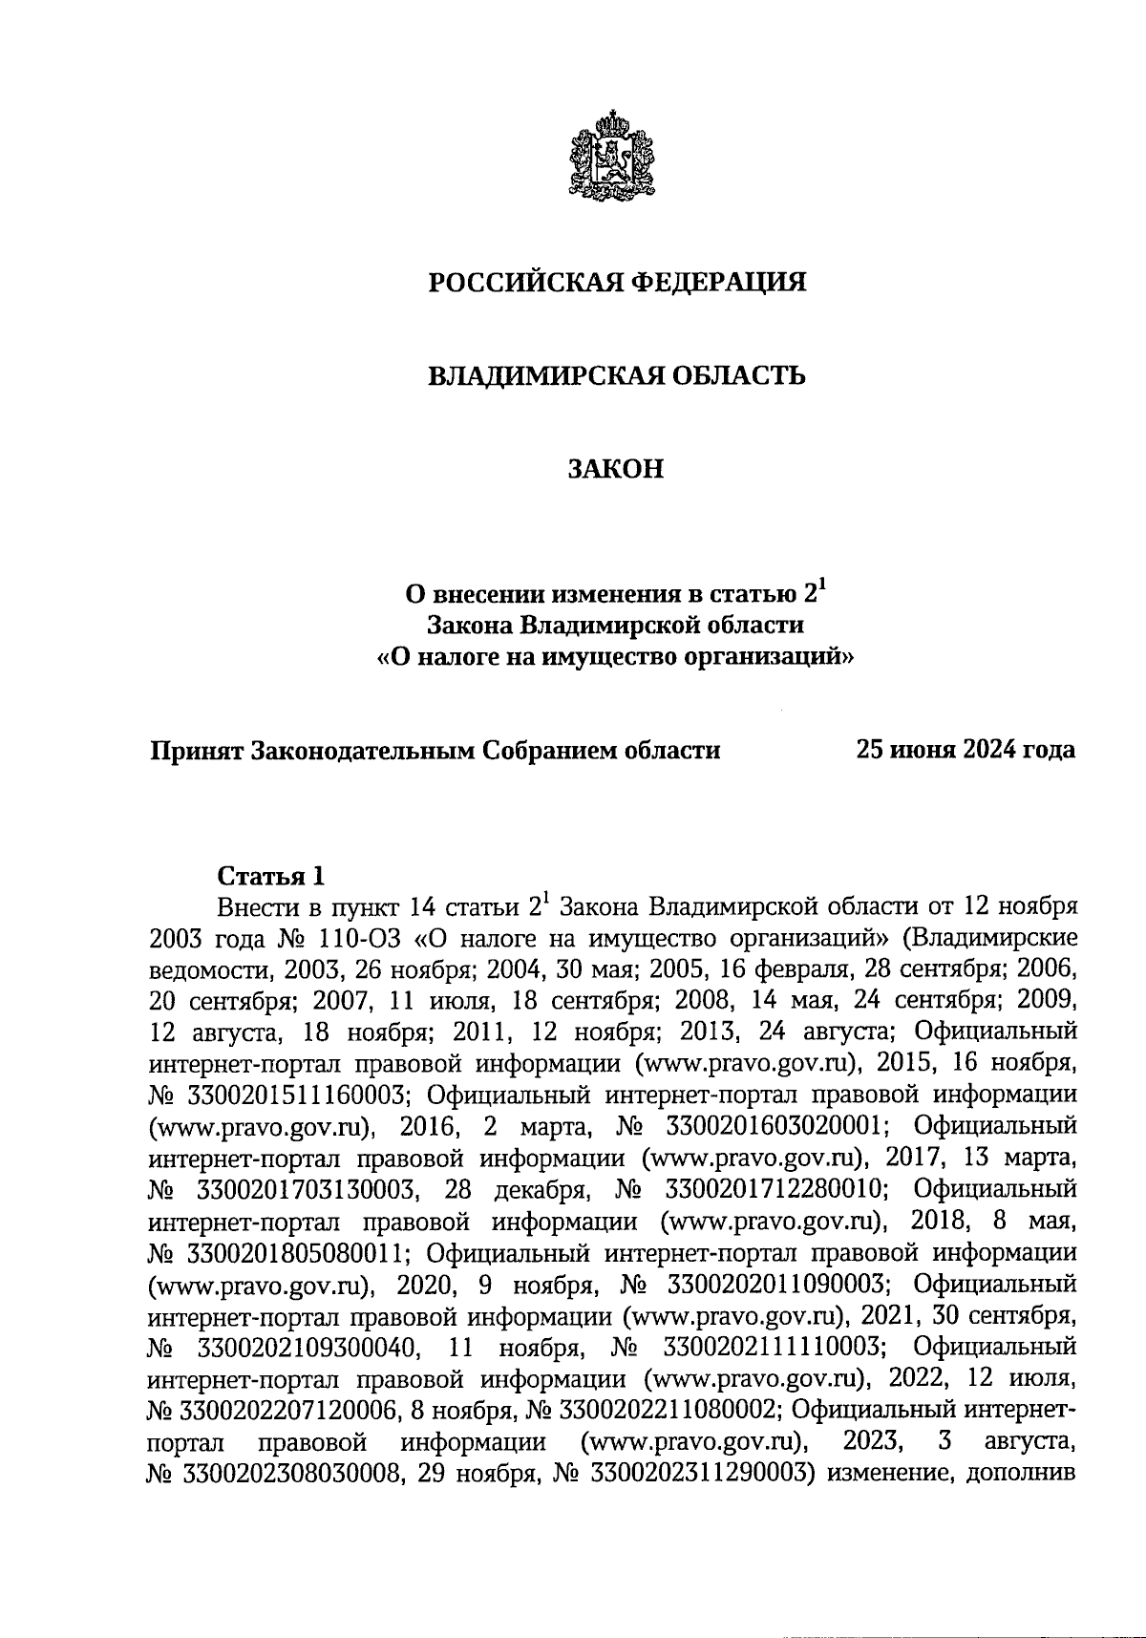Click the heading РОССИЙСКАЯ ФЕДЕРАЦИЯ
[x=616, y=283]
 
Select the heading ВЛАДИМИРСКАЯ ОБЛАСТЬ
[x=616, y=376]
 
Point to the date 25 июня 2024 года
[x=966, y=750]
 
